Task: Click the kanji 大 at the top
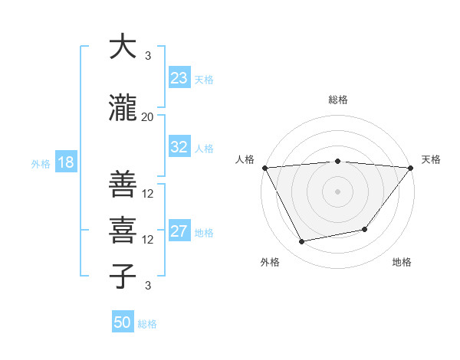123,47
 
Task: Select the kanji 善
123,184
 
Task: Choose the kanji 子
123,277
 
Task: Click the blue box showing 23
179,78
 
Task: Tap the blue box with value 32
179,147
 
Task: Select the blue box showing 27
179,231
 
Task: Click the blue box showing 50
123,322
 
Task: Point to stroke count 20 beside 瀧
148,116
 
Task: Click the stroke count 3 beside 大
148,56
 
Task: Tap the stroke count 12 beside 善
149,194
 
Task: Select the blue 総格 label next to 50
147,324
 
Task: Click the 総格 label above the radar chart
338,100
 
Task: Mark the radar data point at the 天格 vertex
411,168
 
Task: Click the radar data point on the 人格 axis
264,168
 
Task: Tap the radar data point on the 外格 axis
302,242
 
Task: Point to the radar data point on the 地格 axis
365,229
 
